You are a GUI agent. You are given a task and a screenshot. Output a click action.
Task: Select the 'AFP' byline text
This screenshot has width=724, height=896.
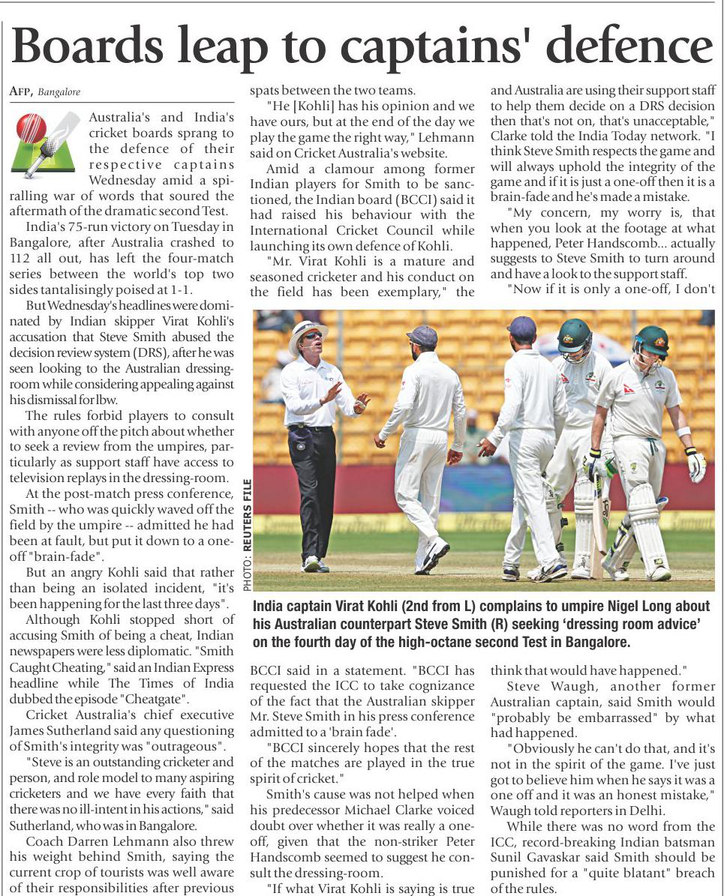click(x=20, y=91)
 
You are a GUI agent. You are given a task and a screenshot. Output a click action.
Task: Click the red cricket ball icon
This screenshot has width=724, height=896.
click(x=32, y=127)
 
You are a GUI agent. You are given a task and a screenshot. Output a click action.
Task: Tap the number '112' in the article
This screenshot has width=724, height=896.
click(x=23, y=259)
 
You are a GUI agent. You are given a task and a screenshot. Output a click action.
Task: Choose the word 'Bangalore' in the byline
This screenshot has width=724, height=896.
click(x=59, y=92)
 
